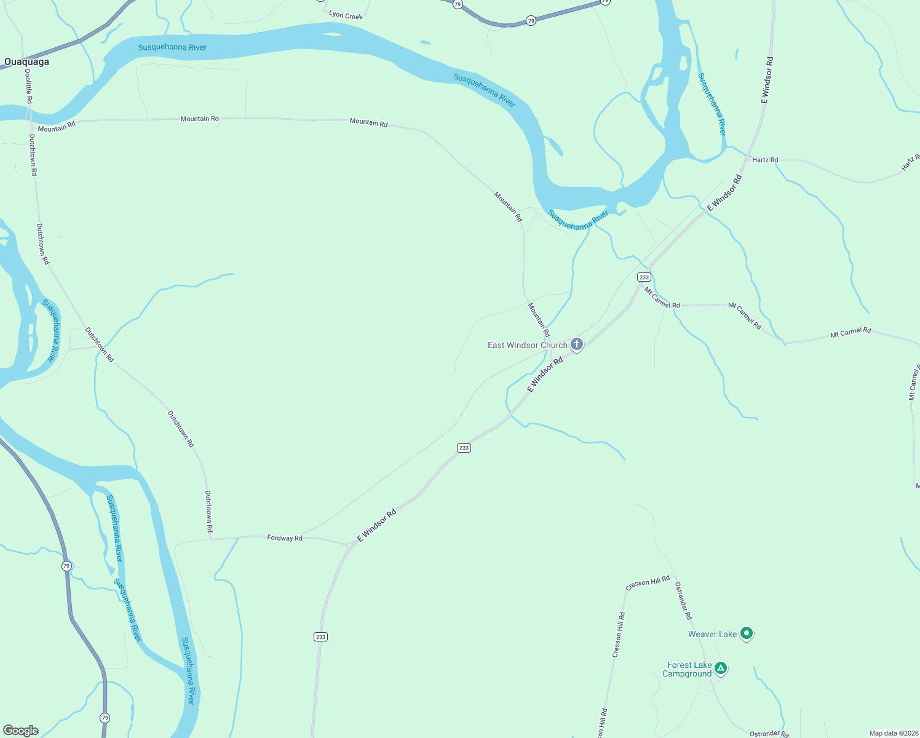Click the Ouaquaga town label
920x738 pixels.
[26, 61]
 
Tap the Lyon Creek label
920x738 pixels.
[346, 15]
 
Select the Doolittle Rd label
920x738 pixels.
[29, 85]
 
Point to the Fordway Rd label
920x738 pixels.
[285, 538]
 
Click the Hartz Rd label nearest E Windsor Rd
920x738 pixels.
[765, 160]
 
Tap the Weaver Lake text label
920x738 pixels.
[712, 634]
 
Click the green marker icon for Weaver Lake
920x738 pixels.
[747, 633]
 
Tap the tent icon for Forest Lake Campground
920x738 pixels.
[721, 668]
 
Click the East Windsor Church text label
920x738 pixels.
[527, 345]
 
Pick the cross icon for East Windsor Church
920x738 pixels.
[577, 344]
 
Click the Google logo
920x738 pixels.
[21, 731]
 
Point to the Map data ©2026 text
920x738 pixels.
[894, 733]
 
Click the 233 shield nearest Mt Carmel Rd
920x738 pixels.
[644, 277]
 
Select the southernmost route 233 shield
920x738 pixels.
[320, 637]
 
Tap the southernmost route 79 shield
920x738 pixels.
[105, 718]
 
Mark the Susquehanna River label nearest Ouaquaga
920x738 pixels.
[172, 47]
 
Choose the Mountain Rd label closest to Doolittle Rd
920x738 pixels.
[57, 126]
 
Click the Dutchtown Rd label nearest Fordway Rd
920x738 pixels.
[209, 511]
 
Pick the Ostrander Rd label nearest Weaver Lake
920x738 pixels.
[683, 601]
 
